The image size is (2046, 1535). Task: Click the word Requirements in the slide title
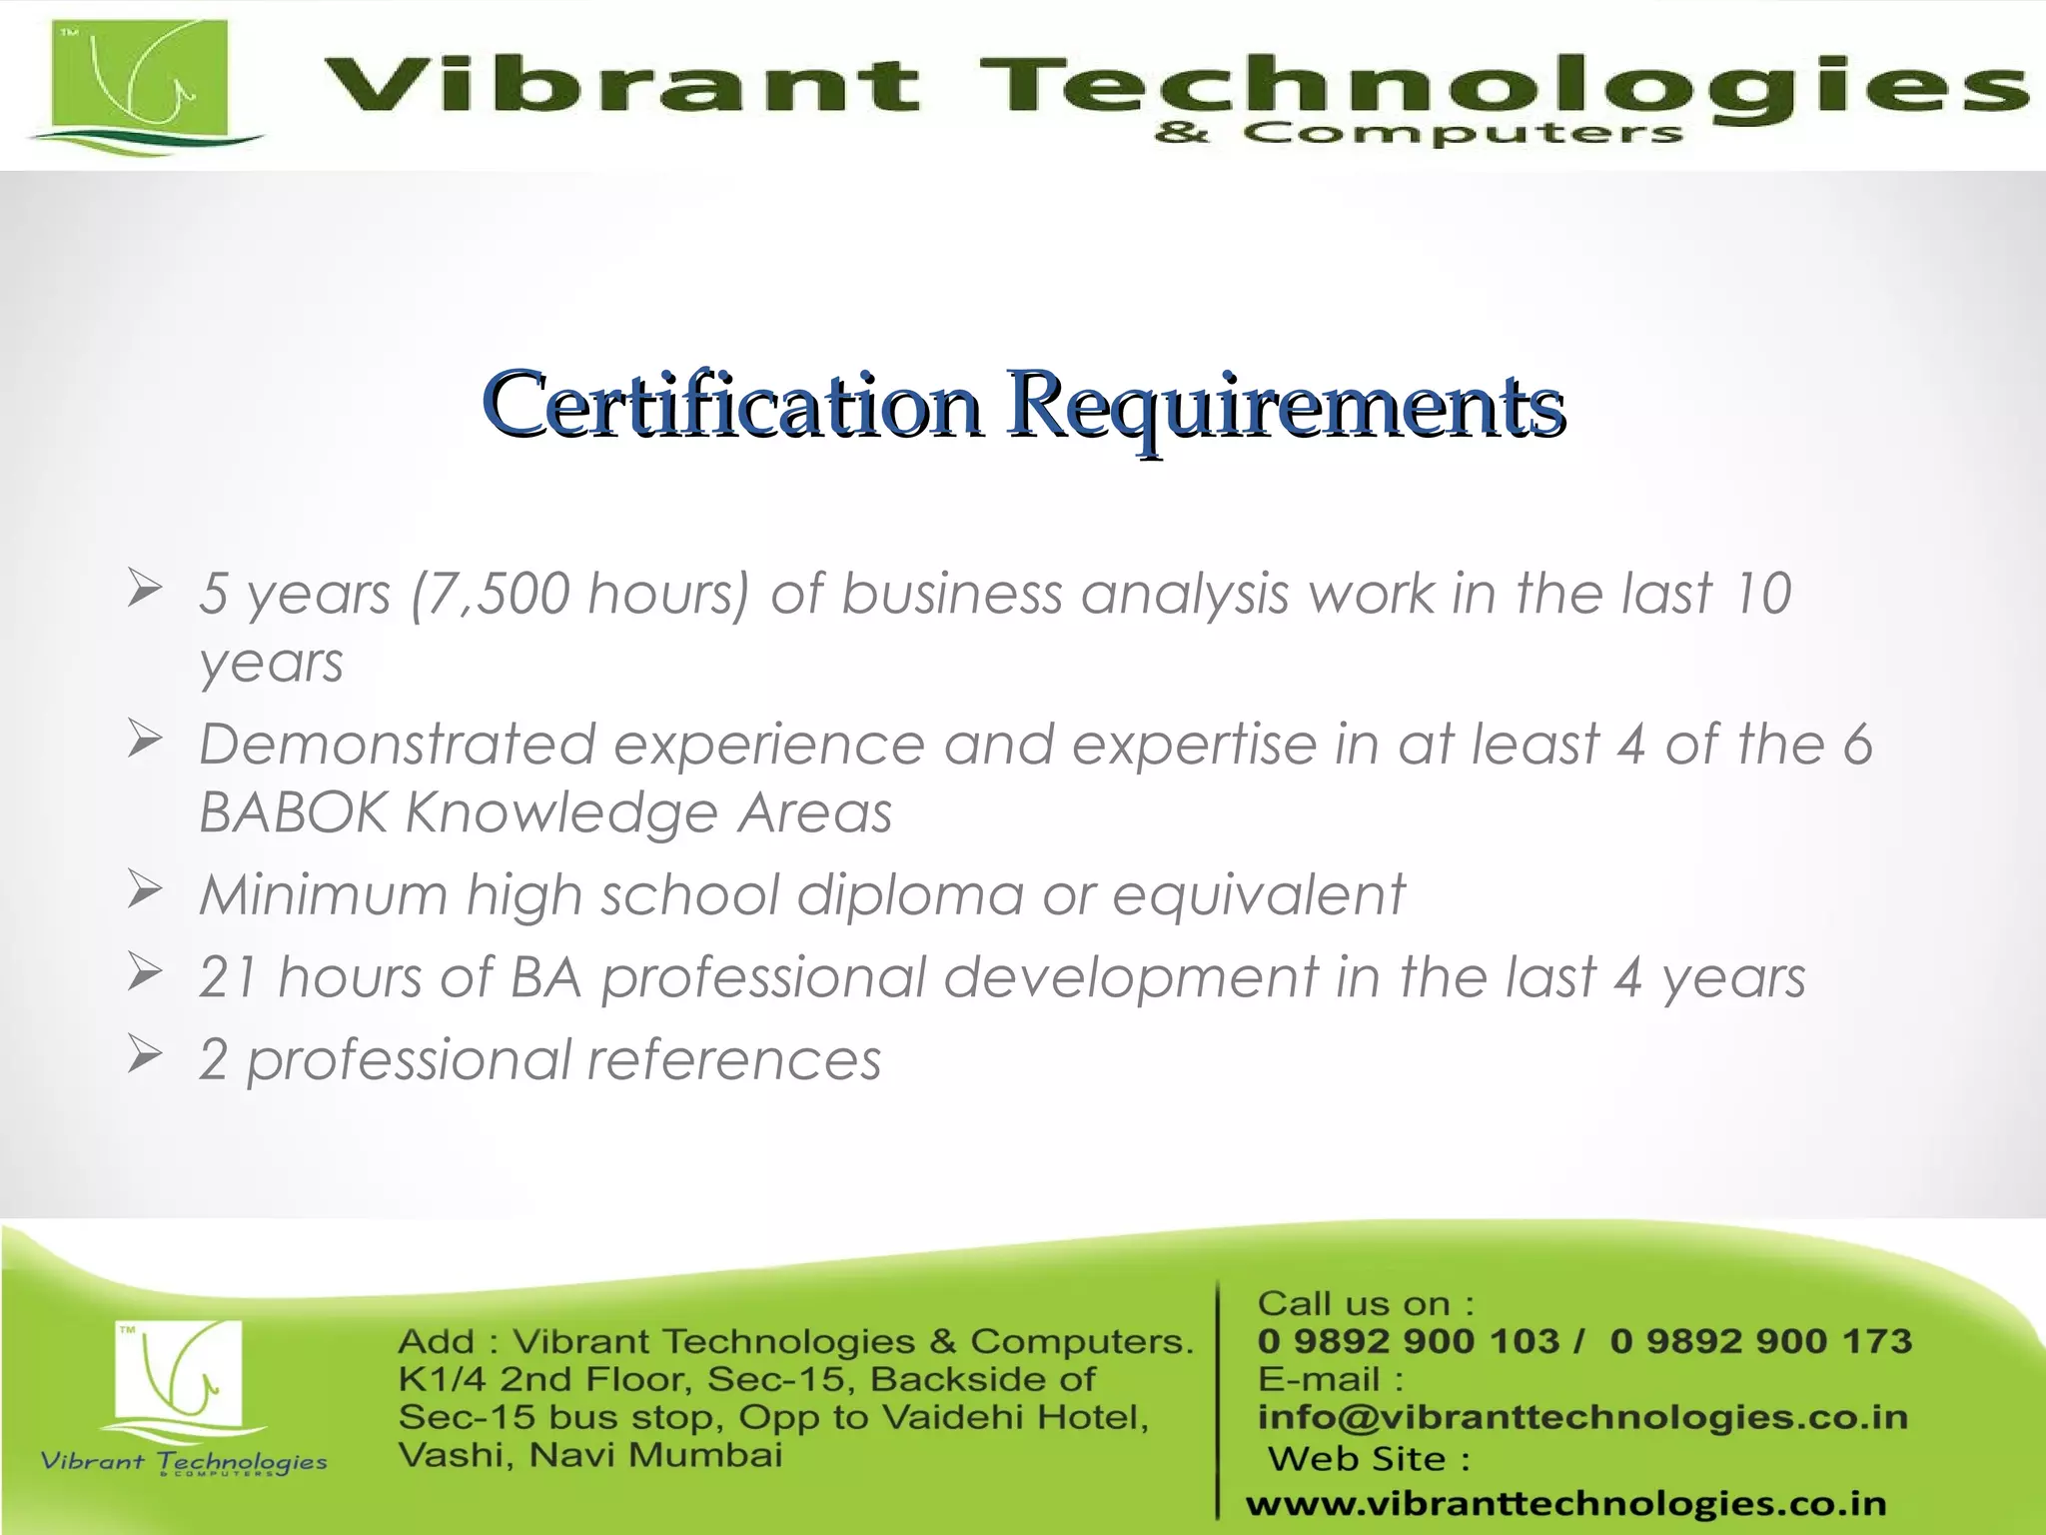[1285, 405]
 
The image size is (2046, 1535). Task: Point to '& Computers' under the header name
[1419, 133]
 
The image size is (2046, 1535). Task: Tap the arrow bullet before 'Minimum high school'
[145, 889]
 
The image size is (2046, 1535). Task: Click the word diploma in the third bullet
[910, 894]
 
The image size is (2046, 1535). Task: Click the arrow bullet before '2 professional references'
[145, 1055]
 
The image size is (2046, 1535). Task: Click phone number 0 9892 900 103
[1408, 1341]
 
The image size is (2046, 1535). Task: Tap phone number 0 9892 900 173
[1760, 1341]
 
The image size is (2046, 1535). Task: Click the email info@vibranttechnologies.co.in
[1582, 1417]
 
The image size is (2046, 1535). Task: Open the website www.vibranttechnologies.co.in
[1565, 1503]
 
